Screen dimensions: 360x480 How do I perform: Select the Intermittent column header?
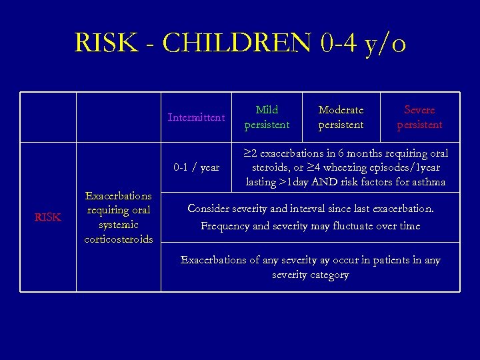[x=196, y=117]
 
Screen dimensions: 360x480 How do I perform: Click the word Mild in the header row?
[x=267, y=110]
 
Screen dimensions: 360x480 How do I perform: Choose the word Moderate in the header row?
[x=341, y=110]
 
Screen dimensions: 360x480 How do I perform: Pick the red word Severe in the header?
[x=419, y=110]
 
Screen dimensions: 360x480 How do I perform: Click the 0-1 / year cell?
[x=196, y=167]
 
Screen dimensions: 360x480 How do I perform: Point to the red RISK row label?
[x=47, y=217]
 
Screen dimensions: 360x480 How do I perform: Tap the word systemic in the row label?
[x=119, y=225]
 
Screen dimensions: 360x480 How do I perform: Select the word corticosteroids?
[x=119, y=239]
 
